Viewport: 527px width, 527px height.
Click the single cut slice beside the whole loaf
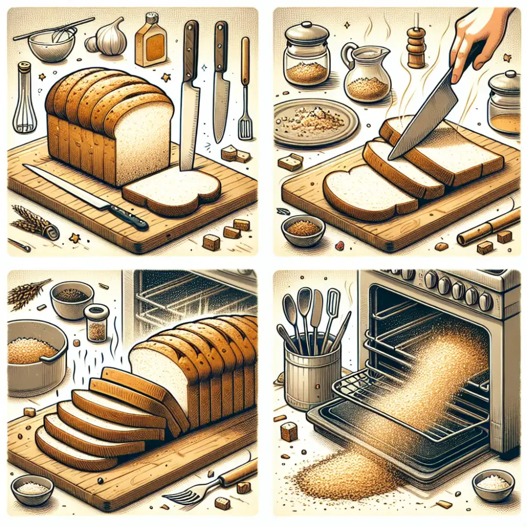(x=171, y=190)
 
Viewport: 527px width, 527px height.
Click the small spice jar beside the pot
(x=96, y=323)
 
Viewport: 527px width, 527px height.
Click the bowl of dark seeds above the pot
(x=72, y=299)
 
